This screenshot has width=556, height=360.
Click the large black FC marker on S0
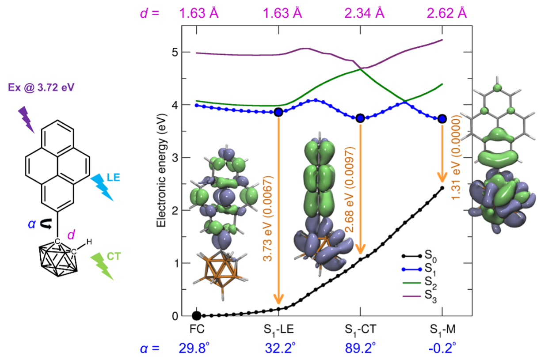[197, 315]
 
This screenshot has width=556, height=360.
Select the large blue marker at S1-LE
[278, 112]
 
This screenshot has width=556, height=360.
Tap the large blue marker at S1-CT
[360, 117]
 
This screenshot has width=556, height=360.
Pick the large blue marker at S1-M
[442, 118]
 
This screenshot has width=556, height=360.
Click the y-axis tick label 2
[175, 211]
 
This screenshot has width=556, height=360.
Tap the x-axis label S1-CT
[360, 330]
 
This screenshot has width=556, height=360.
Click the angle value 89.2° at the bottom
[360, 349]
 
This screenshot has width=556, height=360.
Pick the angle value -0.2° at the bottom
[442, 349]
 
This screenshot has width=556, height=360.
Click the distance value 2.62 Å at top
[446, 13]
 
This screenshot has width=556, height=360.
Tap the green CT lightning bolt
[102, 266]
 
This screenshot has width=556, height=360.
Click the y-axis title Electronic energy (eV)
[162, 174]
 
